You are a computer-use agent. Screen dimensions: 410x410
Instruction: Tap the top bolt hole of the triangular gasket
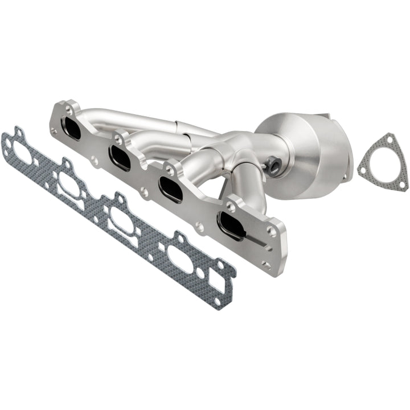(x=387, y=141)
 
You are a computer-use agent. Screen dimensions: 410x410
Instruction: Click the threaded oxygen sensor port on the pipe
(x=273, y=166)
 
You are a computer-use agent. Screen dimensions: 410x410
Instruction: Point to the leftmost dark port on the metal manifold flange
(x=73, y=128)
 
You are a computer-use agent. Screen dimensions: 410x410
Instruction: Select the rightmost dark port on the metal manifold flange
(x=230, y=225)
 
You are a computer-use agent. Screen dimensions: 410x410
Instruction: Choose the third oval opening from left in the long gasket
(x=122, y=219)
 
